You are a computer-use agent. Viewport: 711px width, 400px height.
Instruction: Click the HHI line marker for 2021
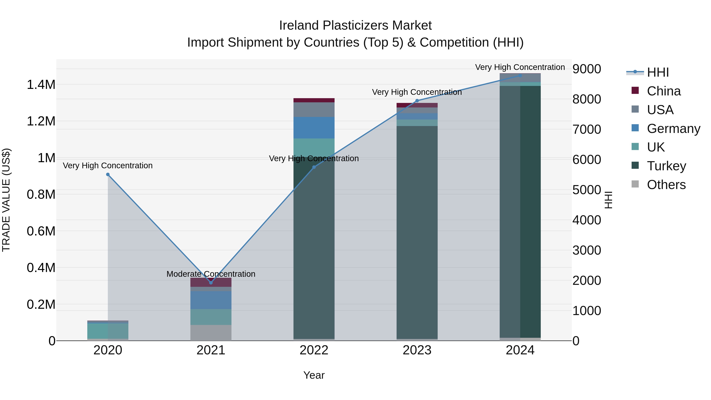(x=211, y=283)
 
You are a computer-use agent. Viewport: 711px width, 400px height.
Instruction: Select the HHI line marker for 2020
(x=108, y=174)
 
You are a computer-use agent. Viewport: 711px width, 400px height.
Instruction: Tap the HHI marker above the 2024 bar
(x=520, y=75)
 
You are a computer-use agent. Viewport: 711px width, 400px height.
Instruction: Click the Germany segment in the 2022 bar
(x=314, y=128)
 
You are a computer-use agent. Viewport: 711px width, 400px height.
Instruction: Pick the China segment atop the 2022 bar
(x=314, y=100)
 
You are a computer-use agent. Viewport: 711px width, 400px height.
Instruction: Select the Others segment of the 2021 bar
(x=211, y=333)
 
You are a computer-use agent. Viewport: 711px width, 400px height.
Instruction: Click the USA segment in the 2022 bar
(x=314, y=110)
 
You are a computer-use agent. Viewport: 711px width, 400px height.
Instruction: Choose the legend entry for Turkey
(x=666, y=166)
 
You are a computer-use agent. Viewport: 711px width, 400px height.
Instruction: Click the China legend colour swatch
(x=635, y=90)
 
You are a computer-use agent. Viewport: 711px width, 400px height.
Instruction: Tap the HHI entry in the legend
(x=658, y=72)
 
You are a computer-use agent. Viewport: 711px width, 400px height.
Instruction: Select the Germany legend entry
(x=673, y=129)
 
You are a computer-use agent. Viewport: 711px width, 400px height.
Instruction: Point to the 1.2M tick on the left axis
(x=41, y=121)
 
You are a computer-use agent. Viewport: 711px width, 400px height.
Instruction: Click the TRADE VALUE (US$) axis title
(x=6, y=200)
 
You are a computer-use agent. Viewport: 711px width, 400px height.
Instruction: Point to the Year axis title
(x=314, y=375)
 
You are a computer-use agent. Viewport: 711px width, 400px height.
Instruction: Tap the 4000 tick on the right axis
(x=587, y=220)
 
